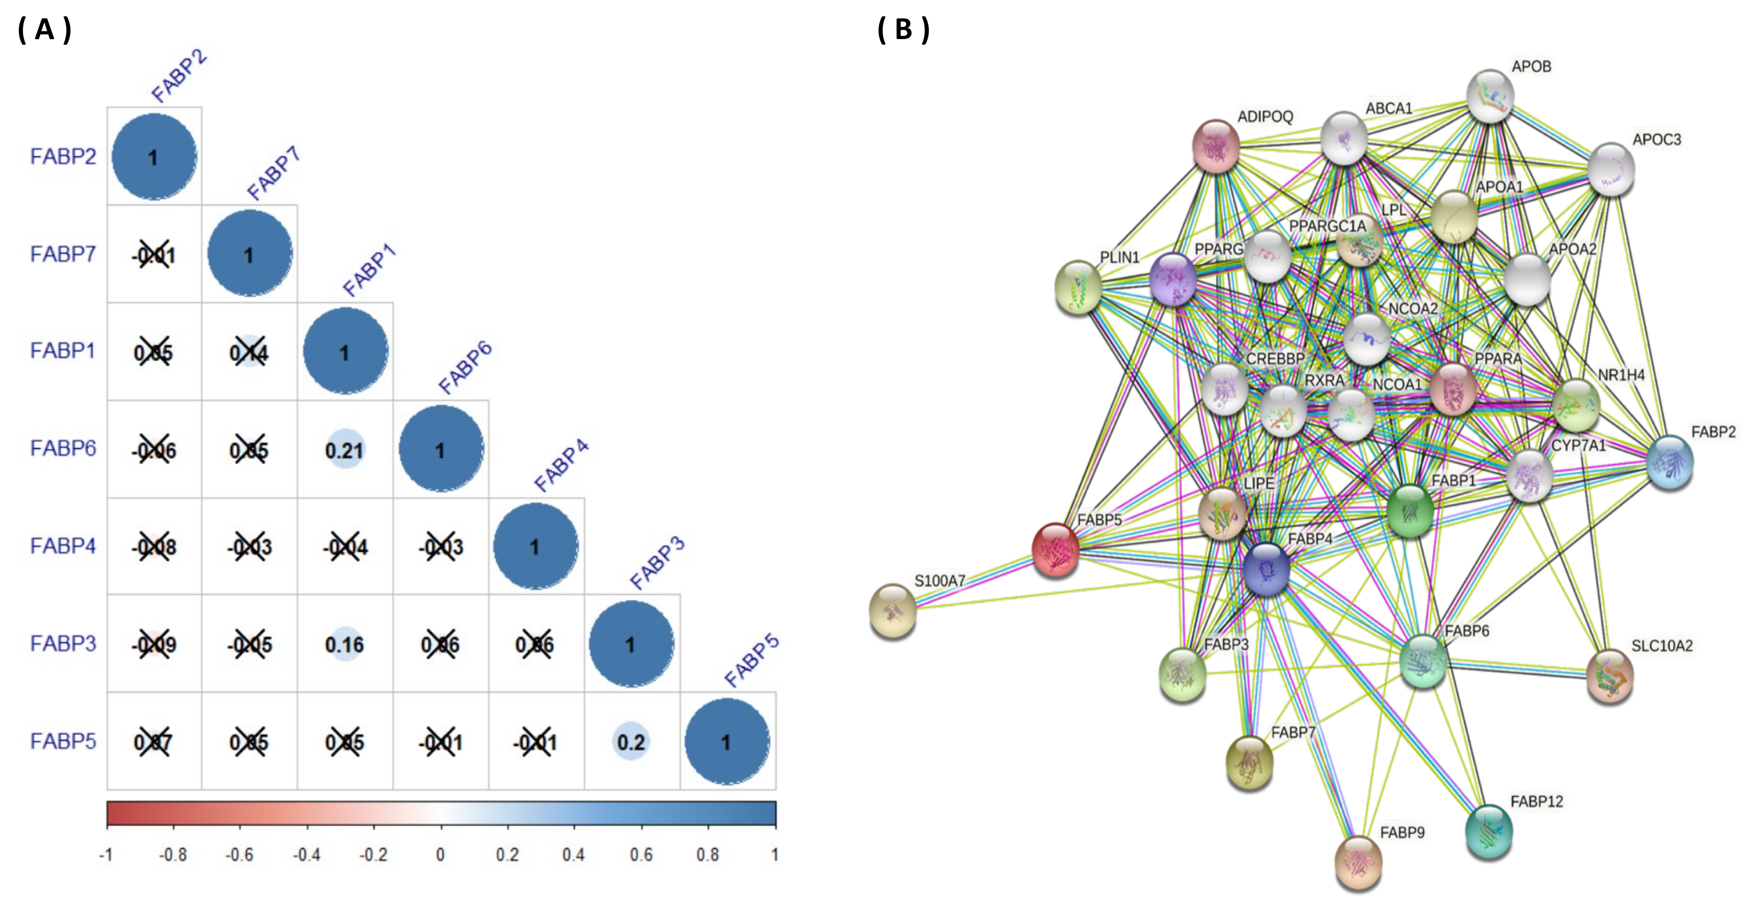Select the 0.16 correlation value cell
pyautogui.click(x=345, y=645)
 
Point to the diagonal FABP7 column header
pyautogui.click(x=273, y=174)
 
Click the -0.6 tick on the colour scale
pyautogui.click(x=240, y=854)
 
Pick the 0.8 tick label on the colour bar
pyautogui.click(x=707, y=854)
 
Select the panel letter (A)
pyautogui.click(x=44, y=30)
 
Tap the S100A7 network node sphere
pyautogui.click(x=893, y=610)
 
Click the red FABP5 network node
pyautogui.click(x=1056, y=550)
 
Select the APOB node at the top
pyautogui.click(x=1490, y=96)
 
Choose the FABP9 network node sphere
pyautogui.click(x=1358, y=862)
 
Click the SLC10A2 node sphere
pyautogui.click(x=1609, y=676)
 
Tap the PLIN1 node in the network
pyautogui.click(x=1078, y=287)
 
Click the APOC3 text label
pyautogui.click(x=1657, y=140)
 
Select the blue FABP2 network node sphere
pyautogui.click(x=1670, y=462)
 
